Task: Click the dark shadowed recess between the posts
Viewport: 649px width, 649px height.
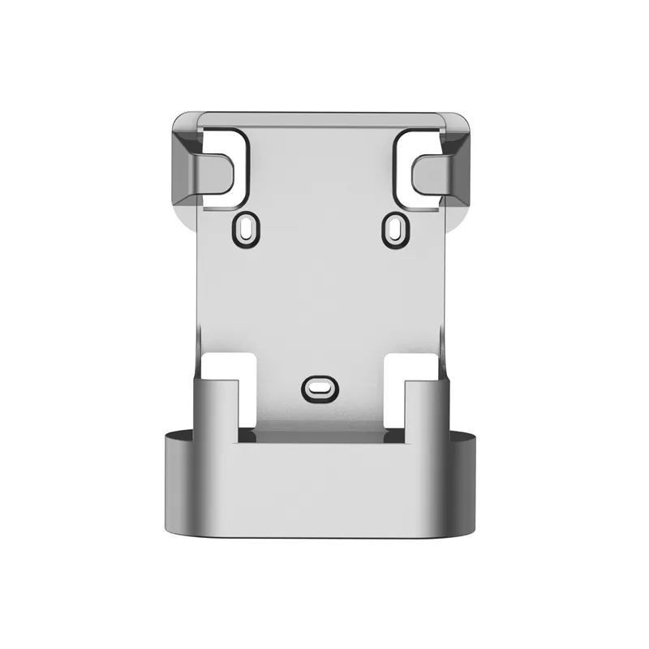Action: tap(320, 439)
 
